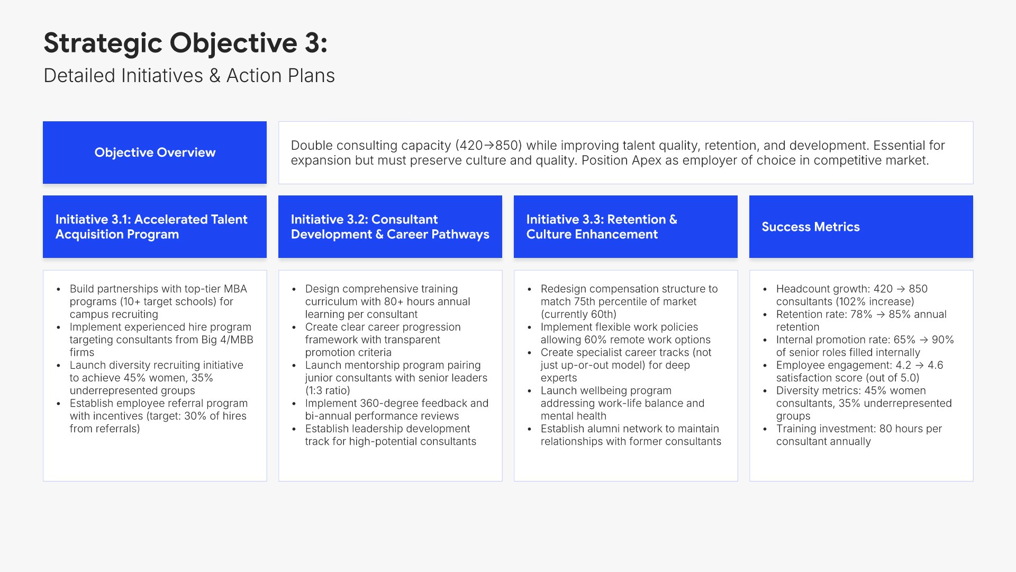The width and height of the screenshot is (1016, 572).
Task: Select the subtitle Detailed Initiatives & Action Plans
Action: pos(189,76)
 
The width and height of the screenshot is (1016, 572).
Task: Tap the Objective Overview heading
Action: pos(155,153)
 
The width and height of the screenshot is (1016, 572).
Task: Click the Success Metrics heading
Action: pos(811,227)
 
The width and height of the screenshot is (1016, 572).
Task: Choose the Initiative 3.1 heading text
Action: pos(151,227)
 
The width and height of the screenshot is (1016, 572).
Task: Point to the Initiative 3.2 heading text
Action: pos(390,227)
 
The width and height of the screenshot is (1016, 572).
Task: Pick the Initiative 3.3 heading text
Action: pos(602,227)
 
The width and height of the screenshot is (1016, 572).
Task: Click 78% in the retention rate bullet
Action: pos(861,314)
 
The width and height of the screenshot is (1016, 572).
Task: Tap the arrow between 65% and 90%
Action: pos(923,340)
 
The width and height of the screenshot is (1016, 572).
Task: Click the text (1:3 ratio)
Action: pos(328,390)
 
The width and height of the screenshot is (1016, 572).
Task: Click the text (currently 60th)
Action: pos(578,314)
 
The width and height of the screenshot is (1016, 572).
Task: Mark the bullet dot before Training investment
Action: pos(765,429)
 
